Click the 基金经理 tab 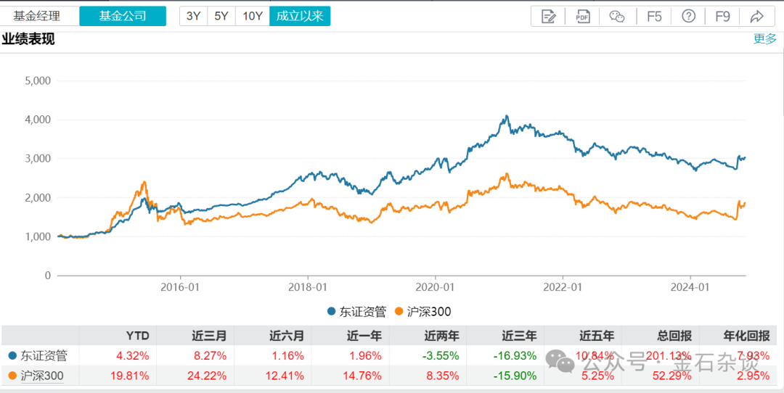pyautogui.click(x=37, y=16)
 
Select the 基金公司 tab pyautogui.click(x=122, y=16)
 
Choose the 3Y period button pyautogui.click(x=193, y=16)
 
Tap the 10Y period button pyautogui.click(x=252, y=16)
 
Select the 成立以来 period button pyautogui.click(x=300, y=16)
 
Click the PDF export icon pyautogui.click(x=583, y=16)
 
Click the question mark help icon pyautogui.click(x=689, y=16)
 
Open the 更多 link pyautogui.click(x=764, y=38)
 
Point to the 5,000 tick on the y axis pyautogui.click(x=38, y=80)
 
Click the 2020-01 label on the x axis pyautogui.click(x=436, y=287)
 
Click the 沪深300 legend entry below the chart pyautogui.click(x=422, y=312)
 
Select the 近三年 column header pyautogui.click(x=519, y=336)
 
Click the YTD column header pyautogui.click(x=137, y=336)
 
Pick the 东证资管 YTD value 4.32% pyautogui.click(x=134, y=356)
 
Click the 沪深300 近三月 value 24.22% pyautogui.click(x=208, y=376)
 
